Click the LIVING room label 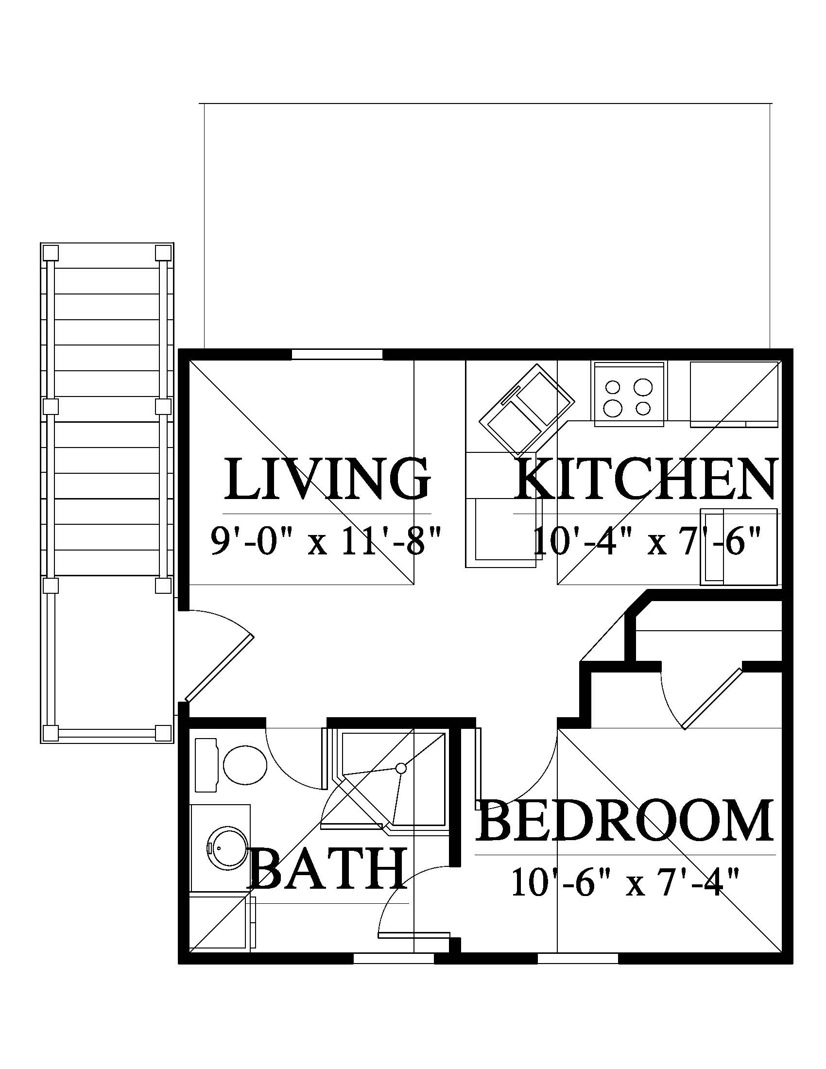pyautogui.click(x=327, y=479)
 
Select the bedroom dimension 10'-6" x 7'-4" pyautogui.click(x=625, y=881)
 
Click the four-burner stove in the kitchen pyautogui.click(x=629, y=394)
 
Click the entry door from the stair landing pyautogui.click(x=219, y=667)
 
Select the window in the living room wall pyautogui.click(x=337, y=354)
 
